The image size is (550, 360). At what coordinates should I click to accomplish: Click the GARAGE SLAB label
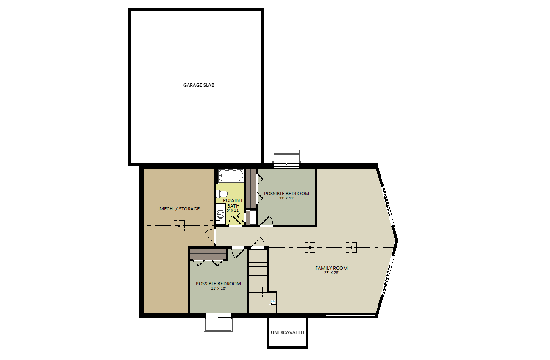(199, 85)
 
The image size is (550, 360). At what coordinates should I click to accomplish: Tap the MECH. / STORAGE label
(180, 209)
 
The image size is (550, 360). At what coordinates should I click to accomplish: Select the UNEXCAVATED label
(287, 332)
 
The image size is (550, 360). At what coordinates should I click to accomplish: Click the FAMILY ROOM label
(331, 268)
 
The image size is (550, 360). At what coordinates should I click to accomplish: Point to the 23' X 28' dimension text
(331, 273)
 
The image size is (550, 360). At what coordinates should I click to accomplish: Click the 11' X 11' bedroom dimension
(286, 198)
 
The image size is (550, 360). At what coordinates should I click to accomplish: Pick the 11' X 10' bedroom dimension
(218, 288)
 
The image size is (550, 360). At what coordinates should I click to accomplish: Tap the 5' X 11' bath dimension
(233, 210)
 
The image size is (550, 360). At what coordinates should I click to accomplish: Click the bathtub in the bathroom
(231, 175)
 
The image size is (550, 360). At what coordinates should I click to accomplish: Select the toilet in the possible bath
(222, 194)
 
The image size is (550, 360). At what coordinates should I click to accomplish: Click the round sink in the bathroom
(220, 214)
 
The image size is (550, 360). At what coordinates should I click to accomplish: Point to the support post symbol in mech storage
(179, 225)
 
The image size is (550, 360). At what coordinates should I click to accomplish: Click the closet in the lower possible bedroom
(208, 255)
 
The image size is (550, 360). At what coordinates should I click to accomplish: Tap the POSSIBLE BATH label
(233, 203)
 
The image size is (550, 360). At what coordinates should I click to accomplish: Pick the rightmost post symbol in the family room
(351, 247)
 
